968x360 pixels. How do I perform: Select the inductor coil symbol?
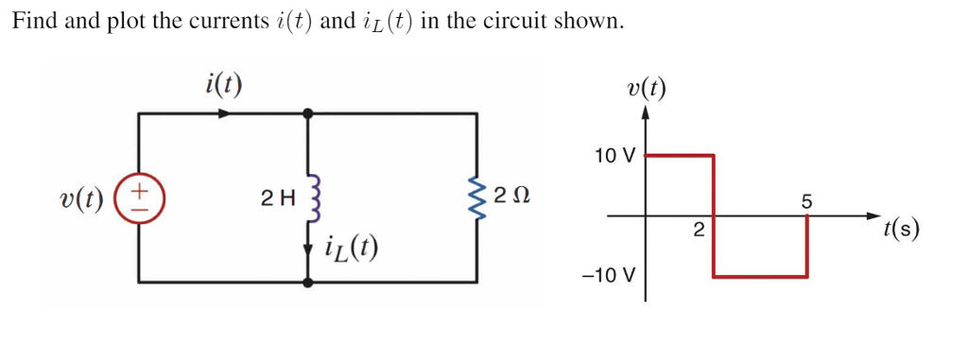pyautogui.click(x=308, y=198)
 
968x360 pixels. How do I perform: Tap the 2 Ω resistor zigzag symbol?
pyautogui.click(x=475, y=197)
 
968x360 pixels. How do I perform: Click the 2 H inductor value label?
pyautogui.click(x=278, y=198)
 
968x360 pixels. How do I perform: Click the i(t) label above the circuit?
pyautogui.click(x=223, y=85)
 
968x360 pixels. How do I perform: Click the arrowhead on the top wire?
pyautogui.click(x=224, y=113)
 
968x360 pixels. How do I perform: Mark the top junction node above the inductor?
pyautogui.click(x=308, y=113)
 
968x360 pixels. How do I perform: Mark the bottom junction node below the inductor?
pyautogui.click(x=308, y=282)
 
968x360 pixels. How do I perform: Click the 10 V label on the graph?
pyautogui.click(x=615, y=155)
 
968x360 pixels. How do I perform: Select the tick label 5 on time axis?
pyautogui.click(x=805, y=200)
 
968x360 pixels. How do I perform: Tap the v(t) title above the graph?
pyautogui.click(x=646, y=89)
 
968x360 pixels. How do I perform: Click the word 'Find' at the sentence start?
pyautogui.click(x=34, y=22)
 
